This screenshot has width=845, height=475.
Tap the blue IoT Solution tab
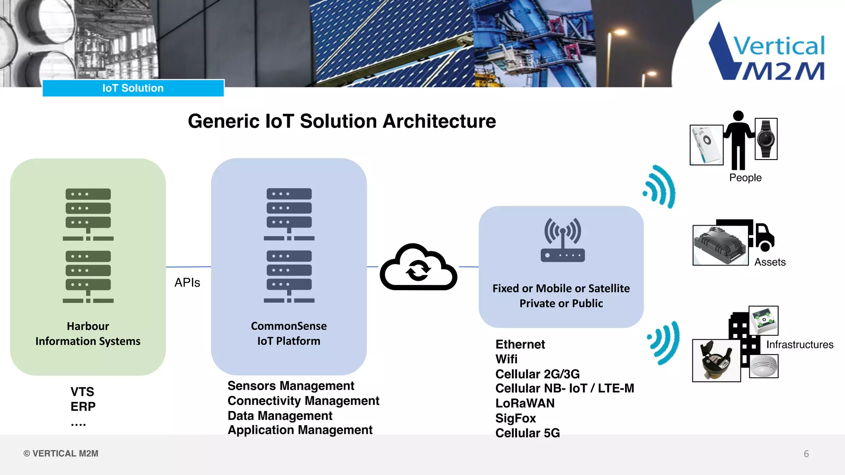click(133, 88)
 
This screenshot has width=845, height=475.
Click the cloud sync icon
click(418, 268)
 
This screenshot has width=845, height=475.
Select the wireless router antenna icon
click(562, 240)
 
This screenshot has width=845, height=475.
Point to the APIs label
click(187, 282)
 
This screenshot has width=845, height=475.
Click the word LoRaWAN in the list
click(525, 403)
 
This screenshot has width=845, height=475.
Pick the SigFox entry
click(515, 418)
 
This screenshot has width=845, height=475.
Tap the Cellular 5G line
click(527, 433)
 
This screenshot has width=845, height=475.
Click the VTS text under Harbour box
click(82, 391)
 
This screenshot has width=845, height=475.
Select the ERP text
click(83, 407)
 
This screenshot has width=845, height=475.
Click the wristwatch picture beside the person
click(766, 139)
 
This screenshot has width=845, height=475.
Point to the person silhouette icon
click(738, 140)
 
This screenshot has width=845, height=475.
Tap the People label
click(745, 178)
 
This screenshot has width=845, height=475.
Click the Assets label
click(770, 262)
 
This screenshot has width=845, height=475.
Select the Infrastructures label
click(800, 345)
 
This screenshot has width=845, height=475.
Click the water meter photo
click(716, 360)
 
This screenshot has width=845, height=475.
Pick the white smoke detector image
click(763, 366)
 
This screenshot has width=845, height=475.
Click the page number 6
click(806, 454)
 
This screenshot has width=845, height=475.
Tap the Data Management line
click(280, 416)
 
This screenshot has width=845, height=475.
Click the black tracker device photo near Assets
click(720, 245)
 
